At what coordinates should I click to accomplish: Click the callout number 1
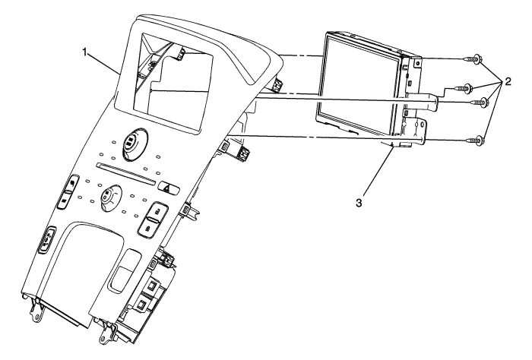pos(88,52)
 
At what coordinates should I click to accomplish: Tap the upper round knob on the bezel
pos(131,142)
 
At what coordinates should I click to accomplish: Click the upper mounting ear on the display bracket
pos(416,65)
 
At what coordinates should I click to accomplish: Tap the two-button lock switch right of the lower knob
pos(152,216)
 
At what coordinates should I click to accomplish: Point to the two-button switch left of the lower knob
pos(68,194)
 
